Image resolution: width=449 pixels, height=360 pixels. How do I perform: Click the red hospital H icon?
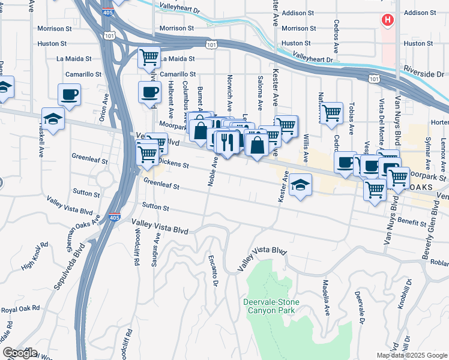[388, 20]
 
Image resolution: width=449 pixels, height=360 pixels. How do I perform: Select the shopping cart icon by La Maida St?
[149, 58]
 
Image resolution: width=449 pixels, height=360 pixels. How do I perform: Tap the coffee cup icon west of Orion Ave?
[69, 94]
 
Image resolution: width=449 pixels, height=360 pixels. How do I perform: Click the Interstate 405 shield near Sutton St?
[114, 217]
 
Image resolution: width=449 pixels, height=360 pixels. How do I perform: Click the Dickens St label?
[173, 163]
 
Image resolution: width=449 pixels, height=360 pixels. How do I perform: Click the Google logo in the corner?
[19, 353]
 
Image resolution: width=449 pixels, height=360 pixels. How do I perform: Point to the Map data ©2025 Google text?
[411, 355]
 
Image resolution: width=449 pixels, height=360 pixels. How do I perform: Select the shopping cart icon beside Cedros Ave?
[331, 113]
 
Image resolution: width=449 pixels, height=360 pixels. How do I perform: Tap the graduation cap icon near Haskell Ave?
[53, 118]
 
